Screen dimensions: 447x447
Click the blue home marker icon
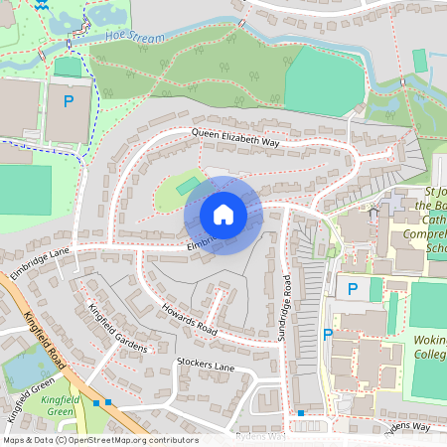pyautogui.click(x=223, y=215)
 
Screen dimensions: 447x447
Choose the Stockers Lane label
pyautogui.click(x=205, y=366)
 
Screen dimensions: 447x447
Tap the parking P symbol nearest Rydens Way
pyautogui.click(x=327, y=335)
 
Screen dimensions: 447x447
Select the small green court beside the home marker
pyautogui.click(x=187, y=185)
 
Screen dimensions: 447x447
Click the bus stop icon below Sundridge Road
pyautogui.click(x=300, y=412)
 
